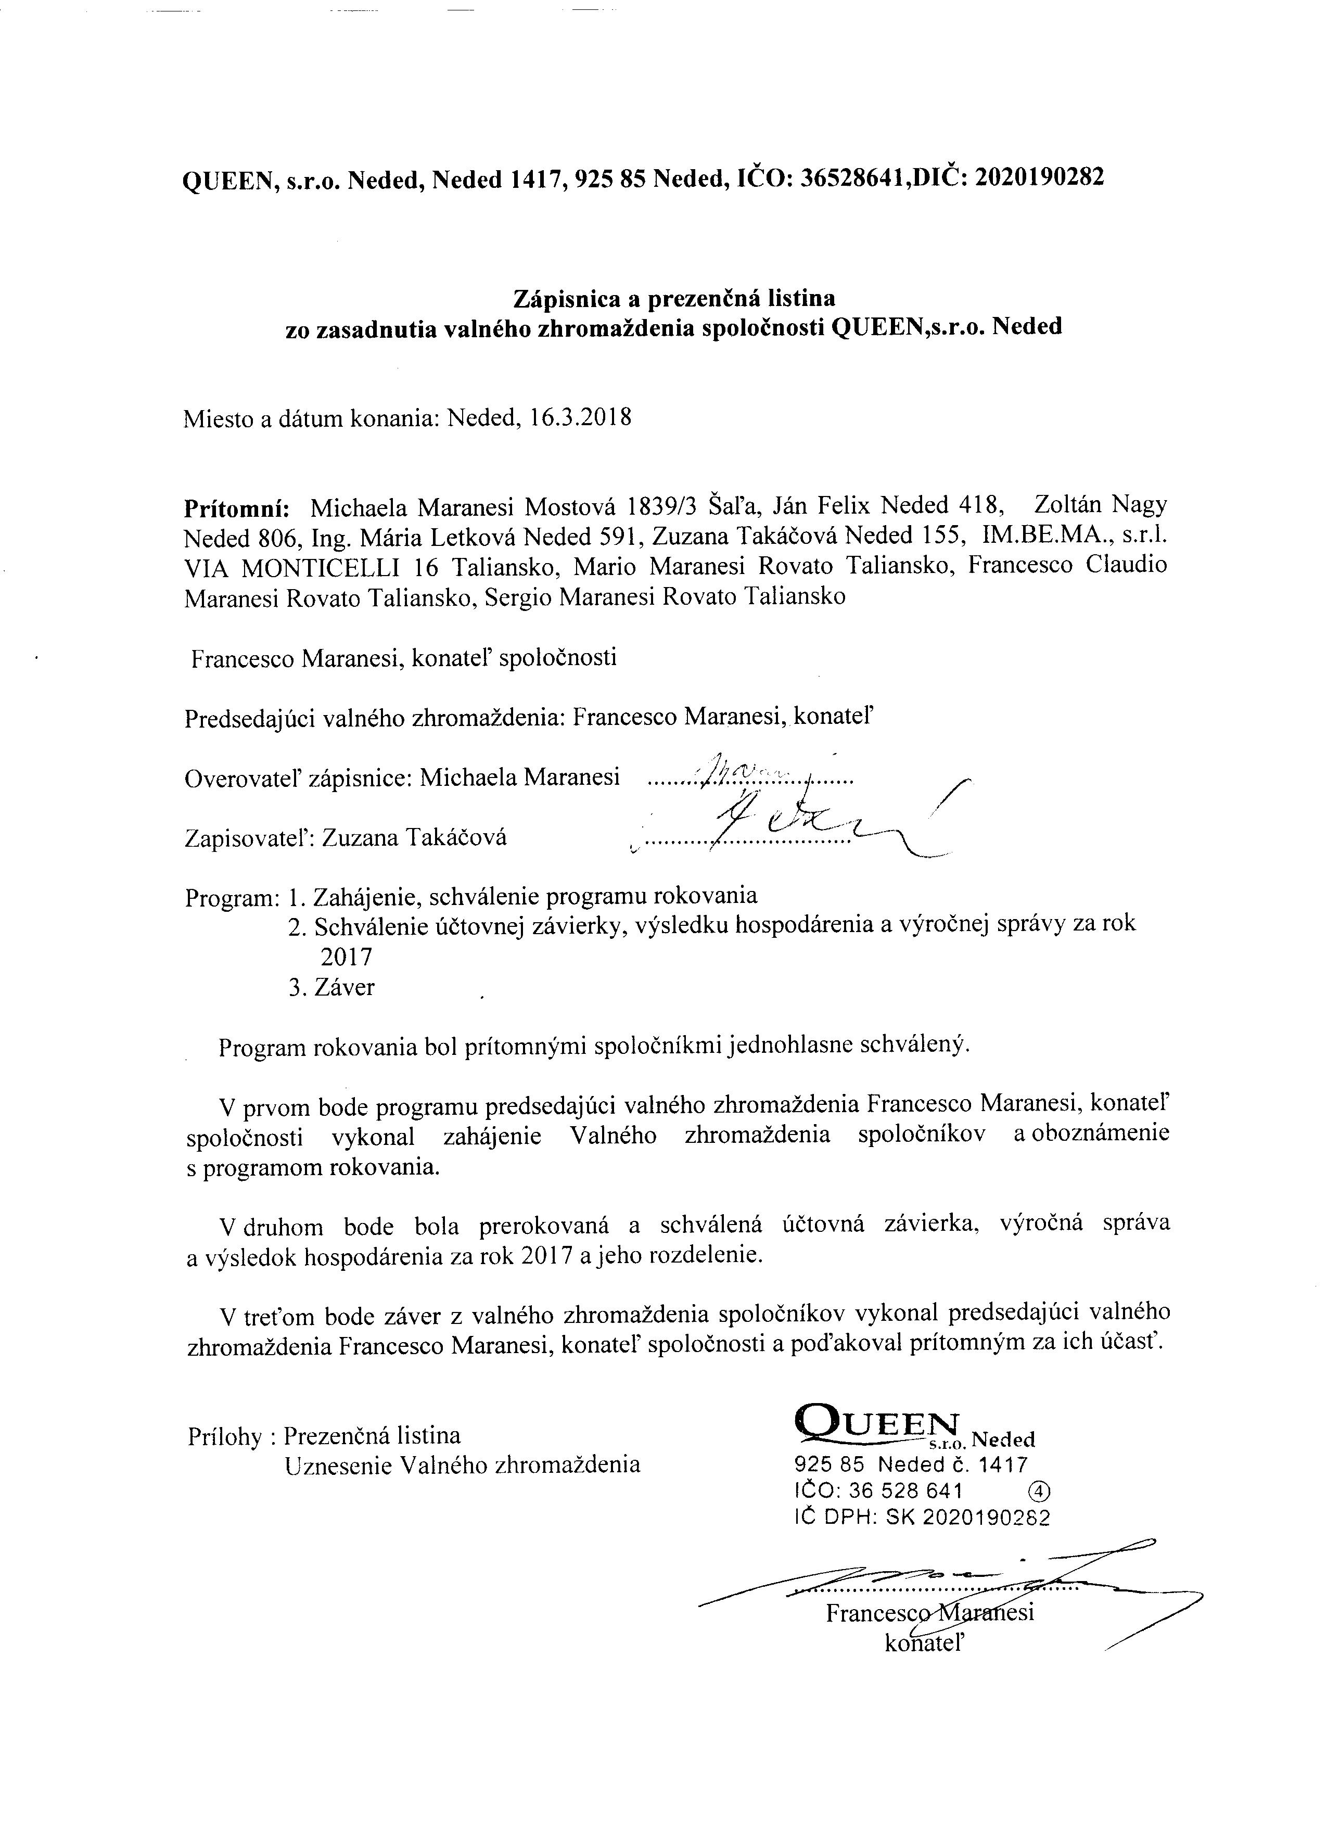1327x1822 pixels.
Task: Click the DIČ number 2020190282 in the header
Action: [1039, 177]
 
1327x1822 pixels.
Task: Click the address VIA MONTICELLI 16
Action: [304, 566]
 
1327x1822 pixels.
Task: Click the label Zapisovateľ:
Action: [249, 838]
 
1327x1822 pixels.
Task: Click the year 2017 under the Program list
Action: [346, 957]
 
